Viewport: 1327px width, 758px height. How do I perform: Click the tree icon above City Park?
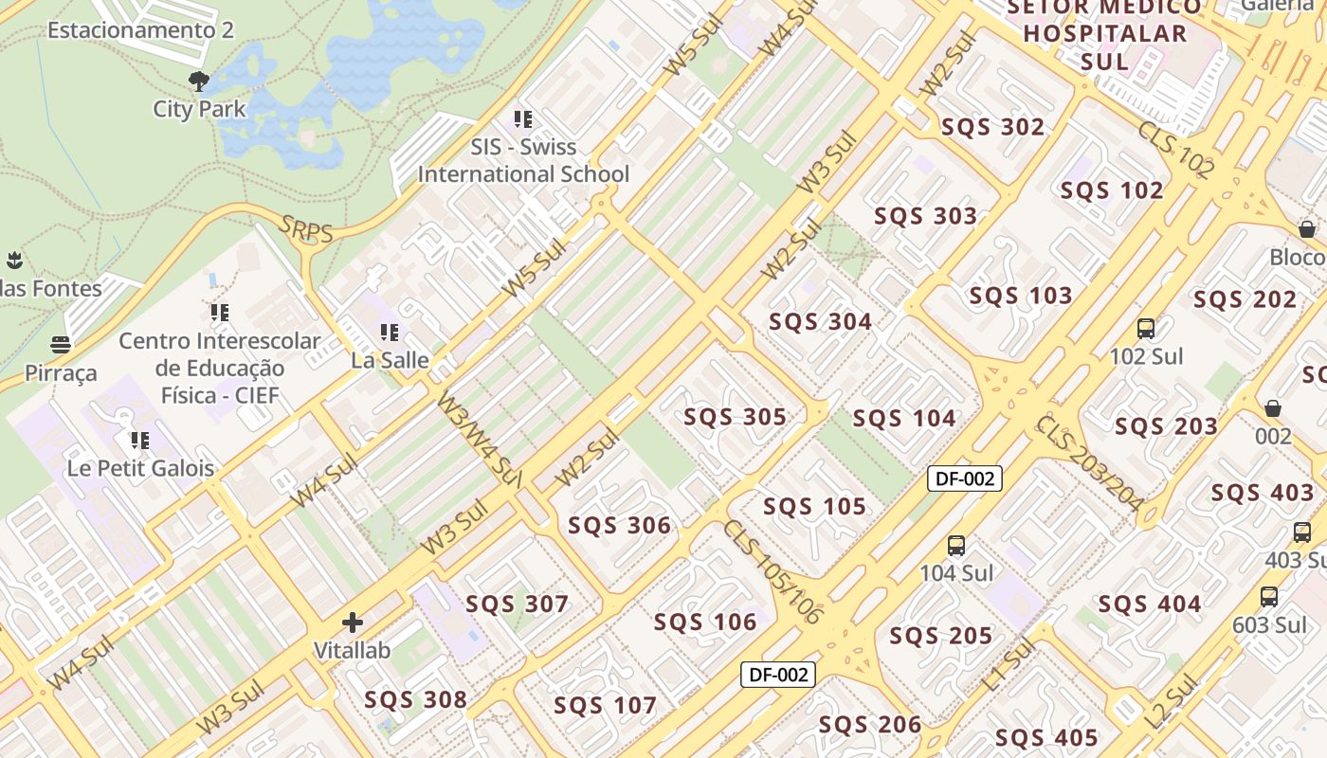pyautogui.click(x=198, y=81)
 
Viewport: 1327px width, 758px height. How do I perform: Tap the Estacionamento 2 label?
pyautogui.click(x=140, y=29)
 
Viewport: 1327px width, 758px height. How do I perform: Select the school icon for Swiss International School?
pyautogui.click(x=523, y=119)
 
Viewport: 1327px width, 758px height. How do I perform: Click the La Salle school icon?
pyautogui.click(x=390, y=333)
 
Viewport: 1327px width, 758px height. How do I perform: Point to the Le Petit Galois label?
pyautogui.click(x=140, y=468)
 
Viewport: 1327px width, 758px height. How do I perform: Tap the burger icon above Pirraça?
pyautogui.click(x=61, y=344)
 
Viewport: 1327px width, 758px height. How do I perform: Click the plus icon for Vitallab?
pyautogui.click(x=353, y=623)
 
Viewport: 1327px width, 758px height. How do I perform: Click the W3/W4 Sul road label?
pyautogui.click(x=480, y=440)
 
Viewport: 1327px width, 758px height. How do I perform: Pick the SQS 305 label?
pyautogui.click(x=735, y=417)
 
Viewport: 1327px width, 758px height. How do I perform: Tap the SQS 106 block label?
pyautogui.click(x=705, y=622)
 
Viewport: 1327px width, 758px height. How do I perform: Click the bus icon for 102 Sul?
pyautogui.click(x=1146, y=329)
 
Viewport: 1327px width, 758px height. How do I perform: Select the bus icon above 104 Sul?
pyautogui.click(x=956, y=546)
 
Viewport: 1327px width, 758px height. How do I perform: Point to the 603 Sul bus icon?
pyautogui.click(x=1269, y=597)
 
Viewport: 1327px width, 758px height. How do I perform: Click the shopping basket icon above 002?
pyautogui.click(x=1273, y=408)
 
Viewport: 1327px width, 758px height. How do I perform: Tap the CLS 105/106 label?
pyautogui.click(x=772, y=571)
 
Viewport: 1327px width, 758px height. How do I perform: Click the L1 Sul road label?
pyautogui.click(x=1008, y=664)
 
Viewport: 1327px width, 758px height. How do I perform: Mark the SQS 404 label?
pyautogui.click(x=1149, y=604)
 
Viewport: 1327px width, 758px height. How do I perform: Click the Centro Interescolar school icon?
pyautogui.click(x=220, y=312)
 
